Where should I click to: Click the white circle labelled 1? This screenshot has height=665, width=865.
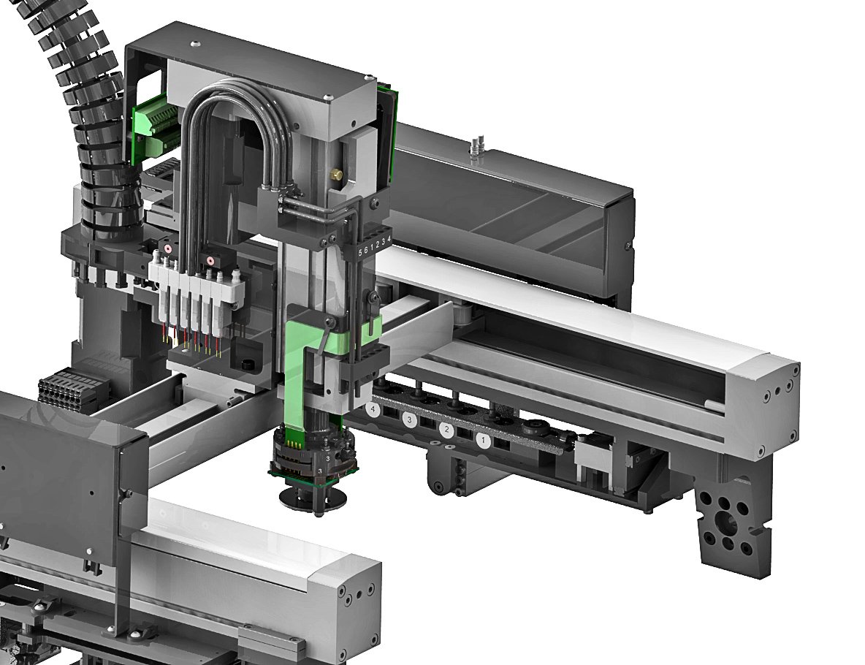[x=483, y=440]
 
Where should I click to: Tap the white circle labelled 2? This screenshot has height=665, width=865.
[x=446, y=430]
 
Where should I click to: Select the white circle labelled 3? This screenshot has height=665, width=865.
[x=409, y=419]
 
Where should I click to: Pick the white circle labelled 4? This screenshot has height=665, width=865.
[x=374, y=410]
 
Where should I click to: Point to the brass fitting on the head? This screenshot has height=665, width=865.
[x=336, y=175]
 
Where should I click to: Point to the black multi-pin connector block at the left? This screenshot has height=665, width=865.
[x=65, y=386]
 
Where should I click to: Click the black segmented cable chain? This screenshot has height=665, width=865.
[x=88, y=110]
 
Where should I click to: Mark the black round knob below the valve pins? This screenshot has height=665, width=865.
[x=244, y=364]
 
